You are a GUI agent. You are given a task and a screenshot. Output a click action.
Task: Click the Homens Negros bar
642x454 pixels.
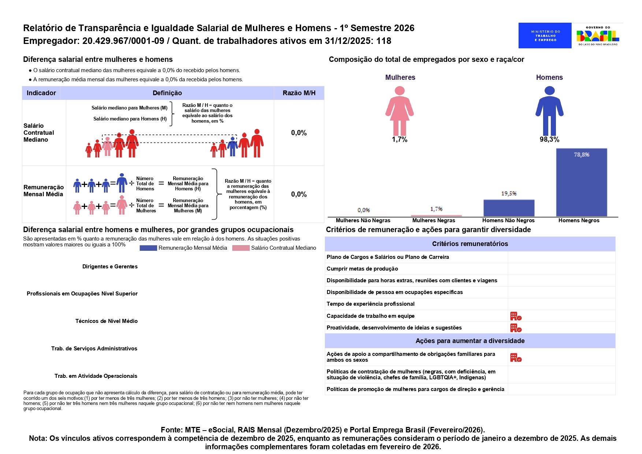point(581,183)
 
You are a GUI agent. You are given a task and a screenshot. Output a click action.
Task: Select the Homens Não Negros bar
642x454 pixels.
point(509,208)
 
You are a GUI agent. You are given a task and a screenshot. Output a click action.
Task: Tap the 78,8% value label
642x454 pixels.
point(581,155)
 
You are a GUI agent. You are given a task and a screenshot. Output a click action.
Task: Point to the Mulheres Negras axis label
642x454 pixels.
point(434,220)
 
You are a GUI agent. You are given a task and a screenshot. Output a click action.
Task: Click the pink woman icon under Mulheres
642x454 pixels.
point(400,111)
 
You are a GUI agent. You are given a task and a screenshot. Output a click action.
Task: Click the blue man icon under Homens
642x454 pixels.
point(549,111)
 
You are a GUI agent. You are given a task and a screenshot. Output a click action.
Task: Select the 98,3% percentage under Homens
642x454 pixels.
point(549,139)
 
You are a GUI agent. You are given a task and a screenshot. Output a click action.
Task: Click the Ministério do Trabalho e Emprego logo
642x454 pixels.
point(545,36)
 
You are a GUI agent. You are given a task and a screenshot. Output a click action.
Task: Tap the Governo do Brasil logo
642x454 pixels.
point(598,36)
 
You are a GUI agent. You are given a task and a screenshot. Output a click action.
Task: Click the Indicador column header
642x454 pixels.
point(41,93)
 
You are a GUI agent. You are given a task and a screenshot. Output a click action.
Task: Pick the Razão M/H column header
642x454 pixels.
point(299,93)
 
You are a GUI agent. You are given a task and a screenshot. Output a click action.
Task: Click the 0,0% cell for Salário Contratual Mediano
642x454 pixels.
point(299,133)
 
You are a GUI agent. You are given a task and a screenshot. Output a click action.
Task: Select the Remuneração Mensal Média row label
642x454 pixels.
point(43,191)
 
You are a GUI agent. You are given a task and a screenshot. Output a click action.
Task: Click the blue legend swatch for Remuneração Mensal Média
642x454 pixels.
point(148,248)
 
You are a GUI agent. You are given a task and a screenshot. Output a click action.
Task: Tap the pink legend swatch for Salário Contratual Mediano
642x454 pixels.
point(241,248)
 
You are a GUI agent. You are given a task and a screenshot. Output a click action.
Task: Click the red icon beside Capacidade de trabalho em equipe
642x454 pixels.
point(516,316)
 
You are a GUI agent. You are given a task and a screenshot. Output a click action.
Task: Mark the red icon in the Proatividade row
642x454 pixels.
point(516,328)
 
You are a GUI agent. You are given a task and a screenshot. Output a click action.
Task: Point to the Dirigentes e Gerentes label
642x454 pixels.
point(110,267)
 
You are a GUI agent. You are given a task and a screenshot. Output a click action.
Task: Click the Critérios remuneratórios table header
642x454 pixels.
point(470,244)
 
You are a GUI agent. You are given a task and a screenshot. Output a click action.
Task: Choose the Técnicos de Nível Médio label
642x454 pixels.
point(106,321)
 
